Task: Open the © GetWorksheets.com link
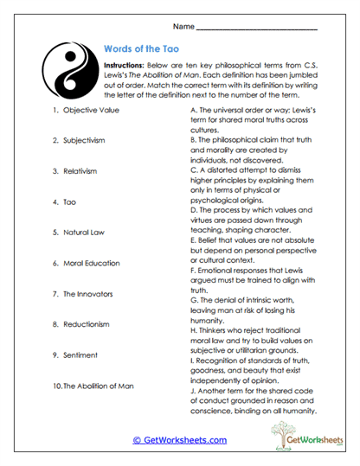(179, 440)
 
